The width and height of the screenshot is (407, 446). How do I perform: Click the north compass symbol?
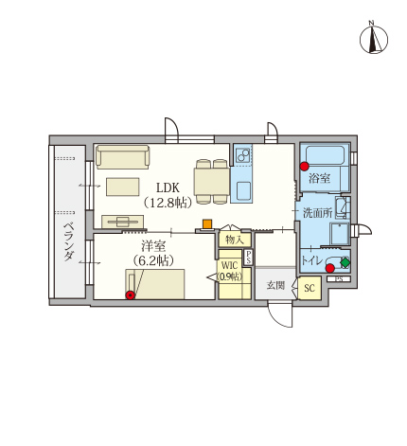point(374,38)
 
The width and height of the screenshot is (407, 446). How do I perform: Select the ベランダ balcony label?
point(69,241)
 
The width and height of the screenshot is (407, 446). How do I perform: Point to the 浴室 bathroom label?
point(319,178)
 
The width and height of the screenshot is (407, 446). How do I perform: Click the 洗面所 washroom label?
point(318,213)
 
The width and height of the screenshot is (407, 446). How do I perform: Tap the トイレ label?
point(312,260)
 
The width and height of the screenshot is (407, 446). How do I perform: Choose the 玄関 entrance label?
point(275,285)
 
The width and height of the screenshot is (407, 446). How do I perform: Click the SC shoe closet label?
point(310,288)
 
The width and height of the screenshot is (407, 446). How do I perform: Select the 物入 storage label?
point(235,241)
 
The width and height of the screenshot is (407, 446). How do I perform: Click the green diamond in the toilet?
point(345,262)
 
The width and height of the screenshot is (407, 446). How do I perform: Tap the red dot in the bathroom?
point(304,167)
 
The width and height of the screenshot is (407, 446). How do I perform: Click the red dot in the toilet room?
point(330,268)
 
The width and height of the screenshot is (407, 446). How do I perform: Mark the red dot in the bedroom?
point(130,295)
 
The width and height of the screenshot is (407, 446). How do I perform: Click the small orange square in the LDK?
point(207,223)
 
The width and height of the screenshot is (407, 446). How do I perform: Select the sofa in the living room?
point(122,157)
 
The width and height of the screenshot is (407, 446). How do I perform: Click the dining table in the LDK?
point(212,182)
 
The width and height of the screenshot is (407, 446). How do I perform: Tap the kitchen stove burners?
point(243,154)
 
